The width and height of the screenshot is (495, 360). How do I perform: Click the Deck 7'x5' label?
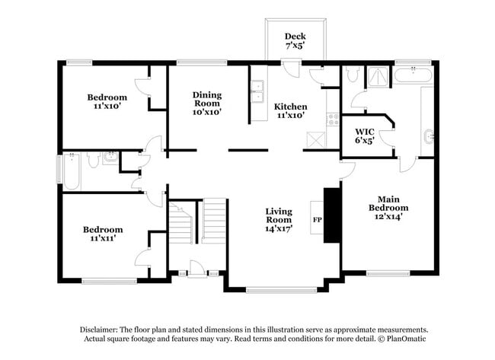point(295,41)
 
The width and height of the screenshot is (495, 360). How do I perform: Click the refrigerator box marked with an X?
point(315,140)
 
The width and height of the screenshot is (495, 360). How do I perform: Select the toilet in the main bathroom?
point(351,75)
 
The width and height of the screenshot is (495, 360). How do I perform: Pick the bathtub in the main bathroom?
point(414,75)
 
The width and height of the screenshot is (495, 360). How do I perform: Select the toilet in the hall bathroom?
point(92,160)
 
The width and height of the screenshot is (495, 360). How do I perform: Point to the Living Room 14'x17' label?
point(279,220)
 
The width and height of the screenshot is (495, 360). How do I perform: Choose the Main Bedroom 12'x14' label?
point(388,208)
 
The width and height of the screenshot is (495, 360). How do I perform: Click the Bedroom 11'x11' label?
point(104,234)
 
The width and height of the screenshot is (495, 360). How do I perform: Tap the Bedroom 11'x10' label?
point(107,102)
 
